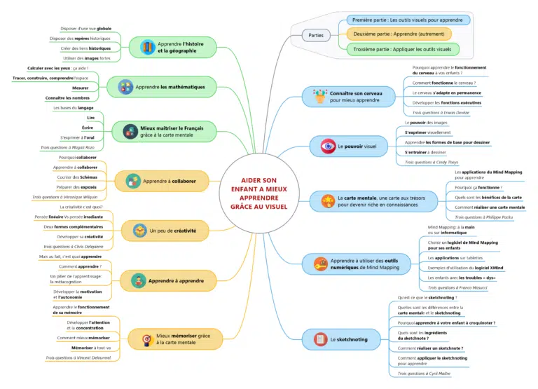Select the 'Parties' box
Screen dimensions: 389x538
[x=316, y=35]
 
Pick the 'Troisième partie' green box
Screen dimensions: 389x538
[x=403, y=49]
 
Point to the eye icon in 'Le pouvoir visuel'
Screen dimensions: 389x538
[x=327, y=146]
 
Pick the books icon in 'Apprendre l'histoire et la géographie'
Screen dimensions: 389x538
[x=148, y=47]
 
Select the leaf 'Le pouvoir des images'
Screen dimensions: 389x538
[x=427, y=123]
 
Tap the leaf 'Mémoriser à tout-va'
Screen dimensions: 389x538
[x=91, y=348]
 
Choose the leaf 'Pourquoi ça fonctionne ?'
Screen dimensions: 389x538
[x=478, y=188]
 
